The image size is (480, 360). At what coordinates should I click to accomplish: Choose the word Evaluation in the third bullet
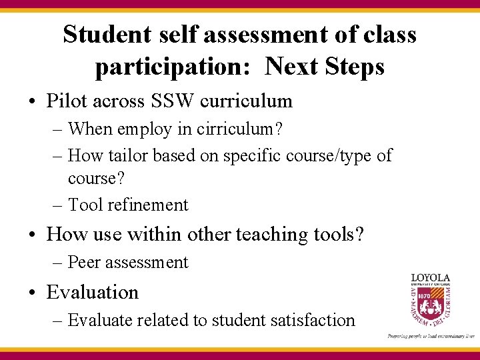(92, 292)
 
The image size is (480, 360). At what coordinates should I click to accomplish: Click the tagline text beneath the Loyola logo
(431, 336)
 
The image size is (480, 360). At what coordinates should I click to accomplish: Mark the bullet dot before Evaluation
(31, 293)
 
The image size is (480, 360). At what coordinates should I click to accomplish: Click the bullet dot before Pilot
(31, 102)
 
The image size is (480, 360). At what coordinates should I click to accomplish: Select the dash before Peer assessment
(57, 263)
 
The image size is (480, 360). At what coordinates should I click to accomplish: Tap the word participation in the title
(176, 67)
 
